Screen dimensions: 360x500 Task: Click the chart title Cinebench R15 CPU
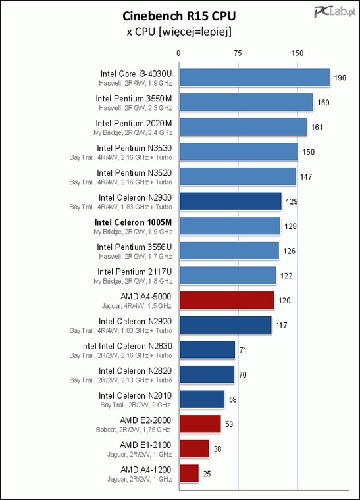(179, 16)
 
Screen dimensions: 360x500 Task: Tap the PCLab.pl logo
(334, 12)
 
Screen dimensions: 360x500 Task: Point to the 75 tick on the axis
(238, 53)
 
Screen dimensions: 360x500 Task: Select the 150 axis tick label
(297, 53)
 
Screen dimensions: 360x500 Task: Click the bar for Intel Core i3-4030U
(255, 78)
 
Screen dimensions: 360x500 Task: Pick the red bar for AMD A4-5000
(227, 300)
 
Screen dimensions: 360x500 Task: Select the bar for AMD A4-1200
(190, 473)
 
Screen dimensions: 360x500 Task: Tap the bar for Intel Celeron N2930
(231, 201)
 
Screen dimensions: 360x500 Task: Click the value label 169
(323, 103)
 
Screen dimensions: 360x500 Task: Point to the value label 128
(290, 226)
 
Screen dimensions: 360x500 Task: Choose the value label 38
(217, 449)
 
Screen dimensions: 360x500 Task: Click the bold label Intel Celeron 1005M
(134, 222)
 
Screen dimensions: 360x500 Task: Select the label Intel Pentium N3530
(134, 148)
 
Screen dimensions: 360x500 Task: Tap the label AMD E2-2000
(145, 420)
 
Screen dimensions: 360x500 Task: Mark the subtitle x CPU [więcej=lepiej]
(179, 32)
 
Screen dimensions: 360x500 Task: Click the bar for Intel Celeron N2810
(202, 399)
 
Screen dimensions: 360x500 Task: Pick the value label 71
(243, 350)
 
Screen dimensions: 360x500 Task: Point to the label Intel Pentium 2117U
(134, 272)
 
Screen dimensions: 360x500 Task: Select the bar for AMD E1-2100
(195, 449)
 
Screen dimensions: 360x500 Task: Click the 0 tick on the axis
(178, 53)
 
